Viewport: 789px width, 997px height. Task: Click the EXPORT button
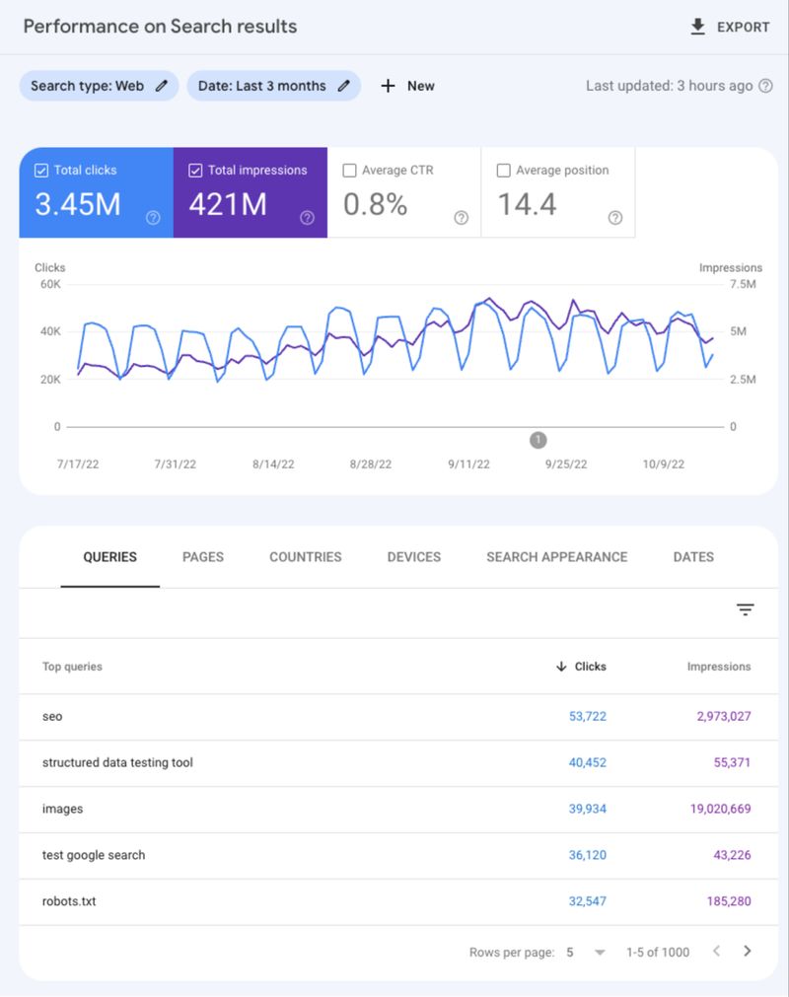tap(730, 27)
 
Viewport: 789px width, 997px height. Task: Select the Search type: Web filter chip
tap(99, 86)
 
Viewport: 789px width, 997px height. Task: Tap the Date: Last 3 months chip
tap(273, 86)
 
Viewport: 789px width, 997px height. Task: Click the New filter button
tap(407, 86)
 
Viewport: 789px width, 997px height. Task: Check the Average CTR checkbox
tap(349, 171)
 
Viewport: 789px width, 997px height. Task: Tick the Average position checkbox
tap(504, 171)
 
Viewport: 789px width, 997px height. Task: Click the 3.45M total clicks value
tap(78, 204)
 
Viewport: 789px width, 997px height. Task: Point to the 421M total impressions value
tap(228, 204)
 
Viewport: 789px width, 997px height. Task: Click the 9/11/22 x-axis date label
tap(468, 464)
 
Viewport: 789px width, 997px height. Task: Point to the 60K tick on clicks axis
tap(49, 284)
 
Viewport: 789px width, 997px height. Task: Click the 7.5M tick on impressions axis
tap(743, 284)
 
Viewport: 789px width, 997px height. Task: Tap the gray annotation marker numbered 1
tap(538, 440)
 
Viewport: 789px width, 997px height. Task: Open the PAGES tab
tap(203, 557)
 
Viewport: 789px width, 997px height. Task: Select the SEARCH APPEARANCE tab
tap(556, 557)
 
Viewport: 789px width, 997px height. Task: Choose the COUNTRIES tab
tap(306, 557)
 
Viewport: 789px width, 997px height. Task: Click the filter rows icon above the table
tap(746, 610)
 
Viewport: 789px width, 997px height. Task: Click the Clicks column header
tap(590, 667)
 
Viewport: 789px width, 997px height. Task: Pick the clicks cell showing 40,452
tap(588, 762)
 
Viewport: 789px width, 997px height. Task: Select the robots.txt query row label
tap(69, 901)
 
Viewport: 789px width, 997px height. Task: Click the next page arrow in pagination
tap(748, 952)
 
